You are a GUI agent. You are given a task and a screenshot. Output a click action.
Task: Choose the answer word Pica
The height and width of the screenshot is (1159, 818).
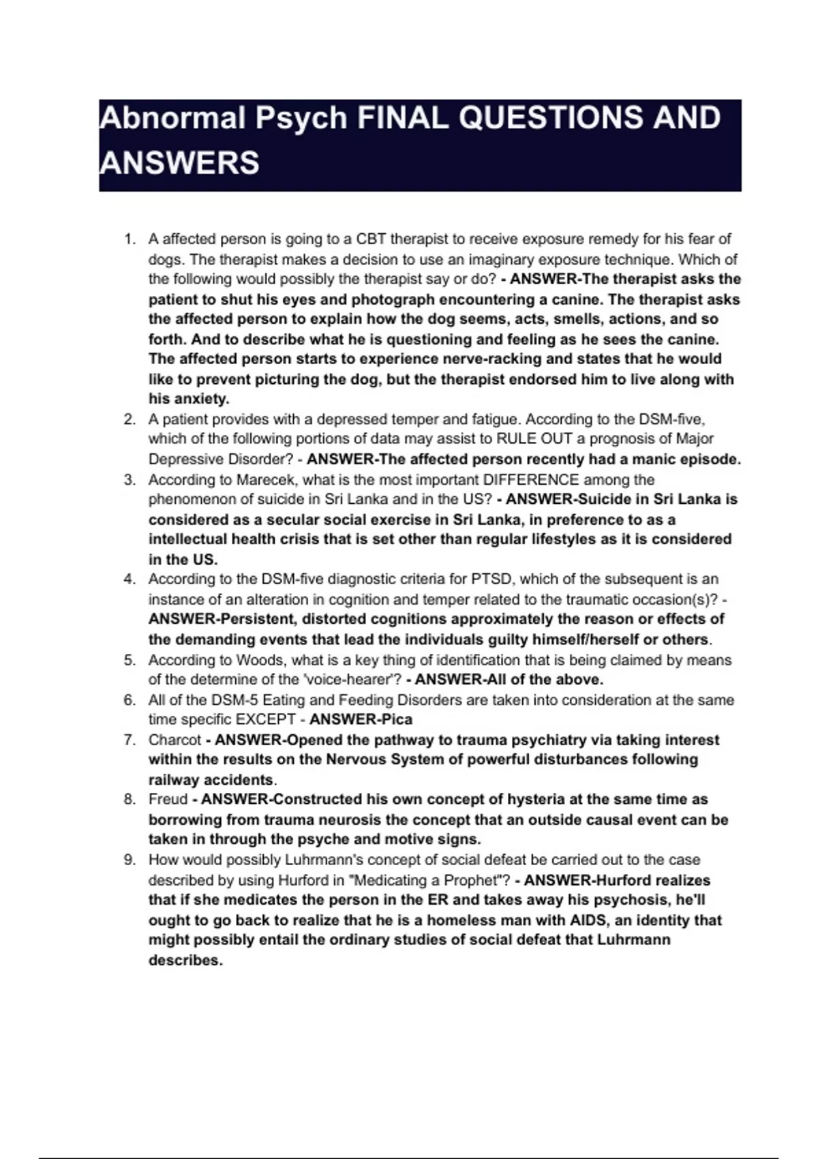pos(397,720)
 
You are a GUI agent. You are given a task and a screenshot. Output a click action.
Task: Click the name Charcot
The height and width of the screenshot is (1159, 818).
pos(175,740)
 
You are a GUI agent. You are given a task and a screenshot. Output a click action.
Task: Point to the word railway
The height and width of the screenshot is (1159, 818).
pos(174,780)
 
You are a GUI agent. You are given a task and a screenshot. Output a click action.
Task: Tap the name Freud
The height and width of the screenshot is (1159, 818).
pos(168,800)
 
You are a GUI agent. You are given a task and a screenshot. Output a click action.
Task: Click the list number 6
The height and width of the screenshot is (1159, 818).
pos(130,700)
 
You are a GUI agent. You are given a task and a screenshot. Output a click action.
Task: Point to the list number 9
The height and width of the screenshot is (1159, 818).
pos(130,860)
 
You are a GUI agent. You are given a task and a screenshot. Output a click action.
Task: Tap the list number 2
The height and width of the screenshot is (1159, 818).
pos(130,420)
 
